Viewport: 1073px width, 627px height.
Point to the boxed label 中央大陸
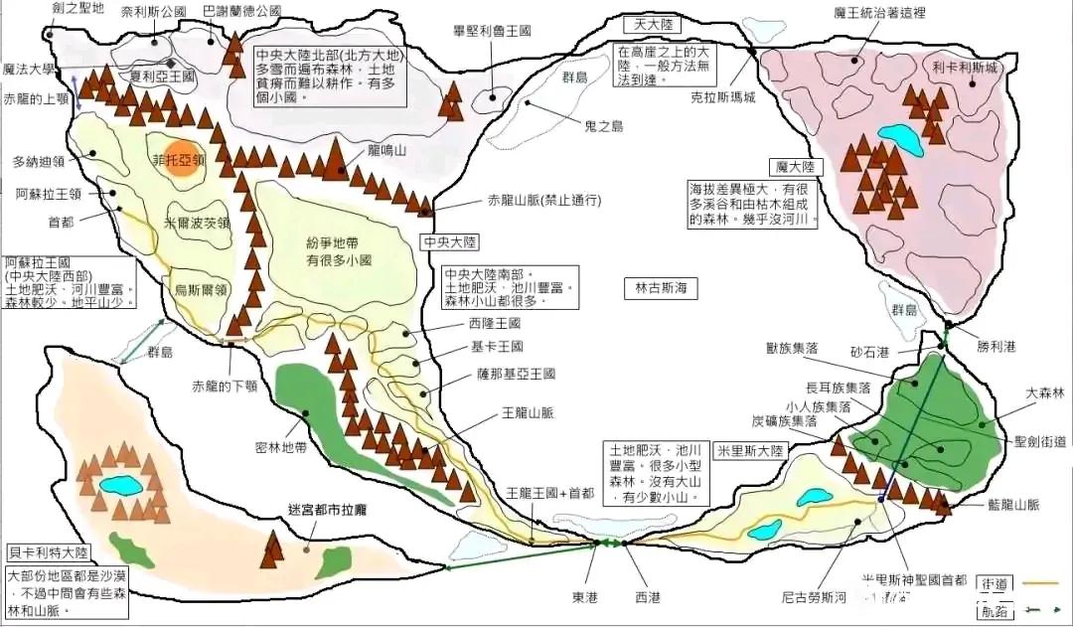(x=450, y=241)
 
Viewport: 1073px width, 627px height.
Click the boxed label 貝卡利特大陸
(x=47, y=551)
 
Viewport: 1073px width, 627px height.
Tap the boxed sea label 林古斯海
(x=661, y=288)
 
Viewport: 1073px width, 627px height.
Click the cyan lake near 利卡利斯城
(x=899, y=134)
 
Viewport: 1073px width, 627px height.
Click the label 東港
(x=586, y=597)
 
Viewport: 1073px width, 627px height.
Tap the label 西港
(x=646, y=597)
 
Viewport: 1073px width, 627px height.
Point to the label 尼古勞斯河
(x=814, y=597)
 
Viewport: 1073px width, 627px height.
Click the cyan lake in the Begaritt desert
(x=121, y=485)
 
